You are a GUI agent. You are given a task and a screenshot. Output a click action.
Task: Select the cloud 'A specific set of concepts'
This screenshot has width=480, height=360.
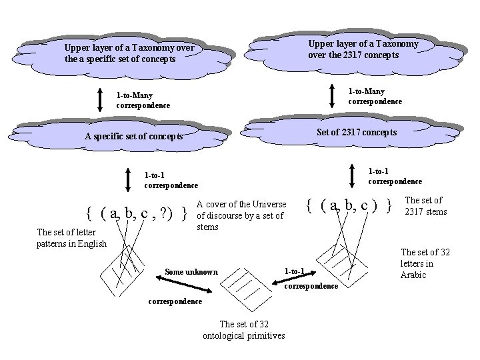coord(133,136)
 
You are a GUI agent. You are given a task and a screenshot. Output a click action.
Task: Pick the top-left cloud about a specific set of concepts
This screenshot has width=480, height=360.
coord(130,53)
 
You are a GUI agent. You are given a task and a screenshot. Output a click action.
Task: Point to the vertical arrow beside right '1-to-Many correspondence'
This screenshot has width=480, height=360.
coord(332,95)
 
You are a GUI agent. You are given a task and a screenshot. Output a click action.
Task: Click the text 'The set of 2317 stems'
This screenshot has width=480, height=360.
coord(425,205)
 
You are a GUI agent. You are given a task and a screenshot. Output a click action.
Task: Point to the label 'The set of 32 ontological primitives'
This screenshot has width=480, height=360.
coord(243,330)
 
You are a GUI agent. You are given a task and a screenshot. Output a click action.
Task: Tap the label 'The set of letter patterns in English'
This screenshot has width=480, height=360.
coord(71,237)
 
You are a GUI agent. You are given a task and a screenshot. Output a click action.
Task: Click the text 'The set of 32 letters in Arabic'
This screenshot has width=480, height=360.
coord(425,263)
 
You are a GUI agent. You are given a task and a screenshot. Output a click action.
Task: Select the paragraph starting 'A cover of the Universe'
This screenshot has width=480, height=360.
coord(241,215)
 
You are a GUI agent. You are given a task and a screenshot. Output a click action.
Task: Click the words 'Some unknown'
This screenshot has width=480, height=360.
coord(191,272)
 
